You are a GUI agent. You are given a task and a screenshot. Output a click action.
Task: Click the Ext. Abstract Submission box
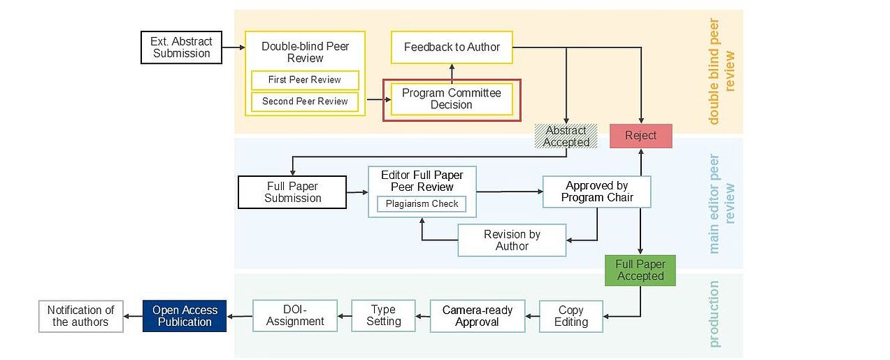[x=181, y=48]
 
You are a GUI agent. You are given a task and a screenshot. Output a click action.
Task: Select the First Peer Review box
[x=305, y=80]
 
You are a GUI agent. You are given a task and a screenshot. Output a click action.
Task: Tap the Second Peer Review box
[x=305, y=101]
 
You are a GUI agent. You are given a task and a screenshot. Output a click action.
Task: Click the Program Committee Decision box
[x=452, y=99]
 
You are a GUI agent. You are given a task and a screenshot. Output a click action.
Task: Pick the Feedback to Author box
[x=452, y=48]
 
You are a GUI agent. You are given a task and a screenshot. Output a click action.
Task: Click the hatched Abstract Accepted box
[x=566, y=136]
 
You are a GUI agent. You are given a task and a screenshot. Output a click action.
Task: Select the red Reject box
[x=640, y=136]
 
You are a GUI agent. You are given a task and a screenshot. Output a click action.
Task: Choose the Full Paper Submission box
[x=292, y=192]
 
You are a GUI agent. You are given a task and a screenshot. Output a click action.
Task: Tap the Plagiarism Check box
[x=422, y=204]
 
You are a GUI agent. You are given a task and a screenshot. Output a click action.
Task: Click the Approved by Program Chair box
[x=596, y=192]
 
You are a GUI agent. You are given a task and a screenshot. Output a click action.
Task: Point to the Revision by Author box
[x=512, y=240]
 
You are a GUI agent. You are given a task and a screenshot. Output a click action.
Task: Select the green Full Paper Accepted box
[x=640, y=271]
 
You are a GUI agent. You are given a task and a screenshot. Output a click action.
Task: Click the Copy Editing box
[x=570, y=316]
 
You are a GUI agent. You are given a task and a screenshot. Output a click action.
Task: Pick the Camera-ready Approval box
[x=477, y=316]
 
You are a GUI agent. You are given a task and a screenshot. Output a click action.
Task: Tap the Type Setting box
[x=383, y=315]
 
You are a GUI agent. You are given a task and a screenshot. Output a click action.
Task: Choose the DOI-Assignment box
[x=295, y=315]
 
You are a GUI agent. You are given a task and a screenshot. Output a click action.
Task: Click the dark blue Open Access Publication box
[x=185, y=316]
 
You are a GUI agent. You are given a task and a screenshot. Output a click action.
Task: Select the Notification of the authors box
[x=80, y=316]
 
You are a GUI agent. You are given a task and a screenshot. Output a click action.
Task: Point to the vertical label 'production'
[x=714, y=314]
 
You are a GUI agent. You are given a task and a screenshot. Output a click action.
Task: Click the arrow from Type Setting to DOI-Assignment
[x=344, y=316]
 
